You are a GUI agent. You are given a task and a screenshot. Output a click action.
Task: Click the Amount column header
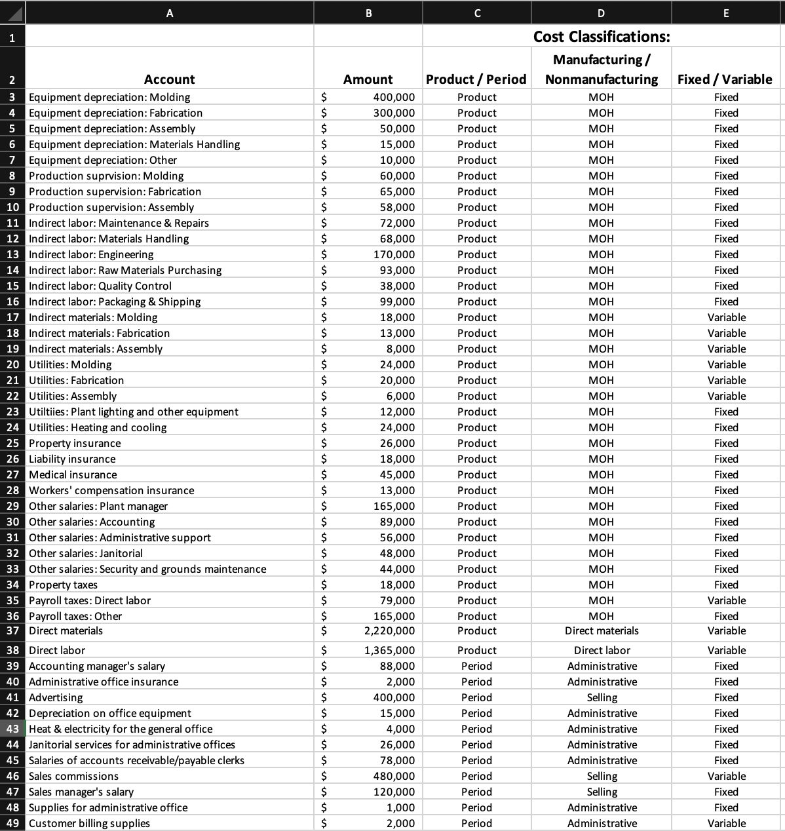[368, 79]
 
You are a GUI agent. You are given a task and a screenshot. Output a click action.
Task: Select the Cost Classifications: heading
[601, 37]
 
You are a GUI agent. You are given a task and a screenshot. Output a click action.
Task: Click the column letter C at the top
[476, 12]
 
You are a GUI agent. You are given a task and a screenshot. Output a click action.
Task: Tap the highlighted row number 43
[12, 729]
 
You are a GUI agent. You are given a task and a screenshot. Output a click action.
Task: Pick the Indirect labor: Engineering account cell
[91, 254]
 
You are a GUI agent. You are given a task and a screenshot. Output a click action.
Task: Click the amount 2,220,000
[389, 631]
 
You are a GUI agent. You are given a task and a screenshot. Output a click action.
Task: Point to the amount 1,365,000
[389, 650]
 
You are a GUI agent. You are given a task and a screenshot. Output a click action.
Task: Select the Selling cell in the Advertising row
[602, 697]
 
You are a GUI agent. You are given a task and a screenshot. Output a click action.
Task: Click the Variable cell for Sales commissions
[726, 776]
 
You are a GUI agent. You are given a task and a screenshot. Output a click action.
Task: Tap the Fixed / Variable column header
[725, 79]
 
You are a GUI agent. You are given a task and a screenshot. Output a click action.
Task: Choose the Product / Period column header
[476, 79]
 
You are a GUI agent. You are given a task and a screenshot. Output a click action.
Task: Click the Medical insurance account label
[73, 474]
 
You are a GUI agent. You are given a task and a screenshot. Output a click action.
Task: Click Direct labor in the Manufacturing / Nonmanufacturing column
[602, 650]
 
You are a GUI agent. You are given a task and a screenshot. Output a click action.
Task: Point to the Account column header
[169, 79]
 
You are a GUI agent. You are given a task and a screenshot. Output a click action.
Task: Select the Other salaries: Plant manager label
[98, 506]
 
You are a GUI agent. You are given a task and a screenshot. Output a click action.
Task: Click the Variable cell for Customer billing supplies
[726, 823]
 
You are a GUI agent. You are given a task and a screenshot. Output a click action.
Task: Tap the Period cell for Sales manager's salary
[476, 792]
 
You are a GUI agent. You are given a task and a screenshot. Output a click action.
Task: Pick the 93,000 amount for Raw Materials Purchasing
[397, 270]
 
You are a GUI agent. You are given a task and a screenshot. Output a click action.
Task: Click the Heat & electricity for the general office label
[121, 729]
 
